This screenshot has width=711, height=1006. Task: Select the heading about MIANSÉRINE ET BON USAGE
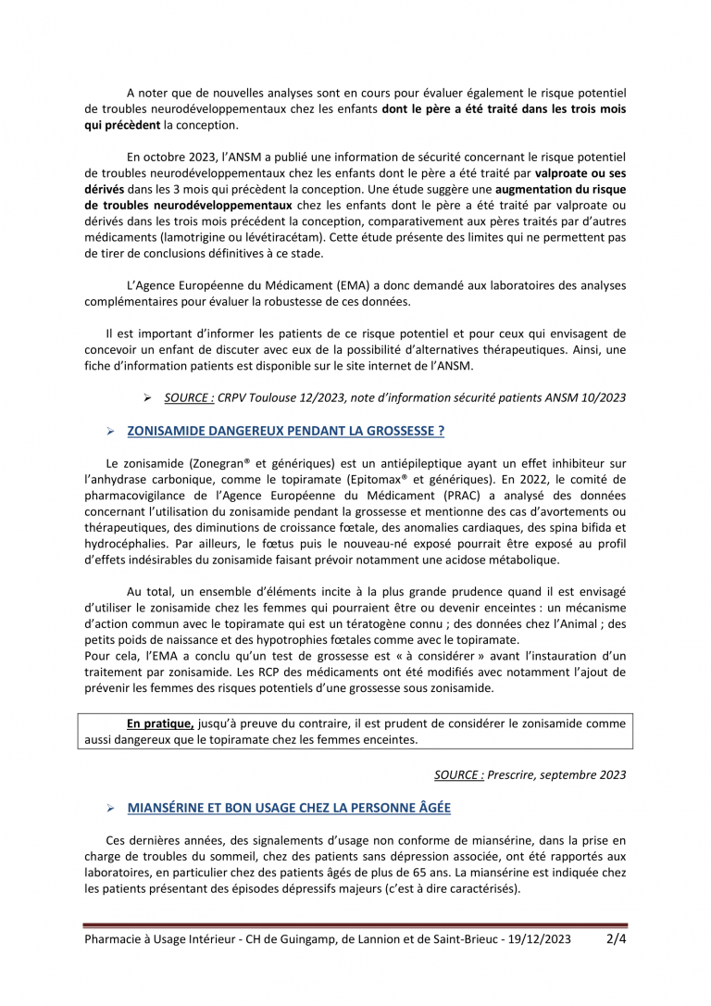tap(289, 809)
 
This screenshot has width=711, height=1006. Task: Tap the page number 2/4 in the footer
tap(616, 938)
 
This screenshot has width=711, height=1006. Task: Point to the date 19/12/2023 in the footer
tap(537, 939)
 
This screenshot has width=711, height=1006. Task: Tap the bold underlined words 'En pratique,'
tap(160, 723)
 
